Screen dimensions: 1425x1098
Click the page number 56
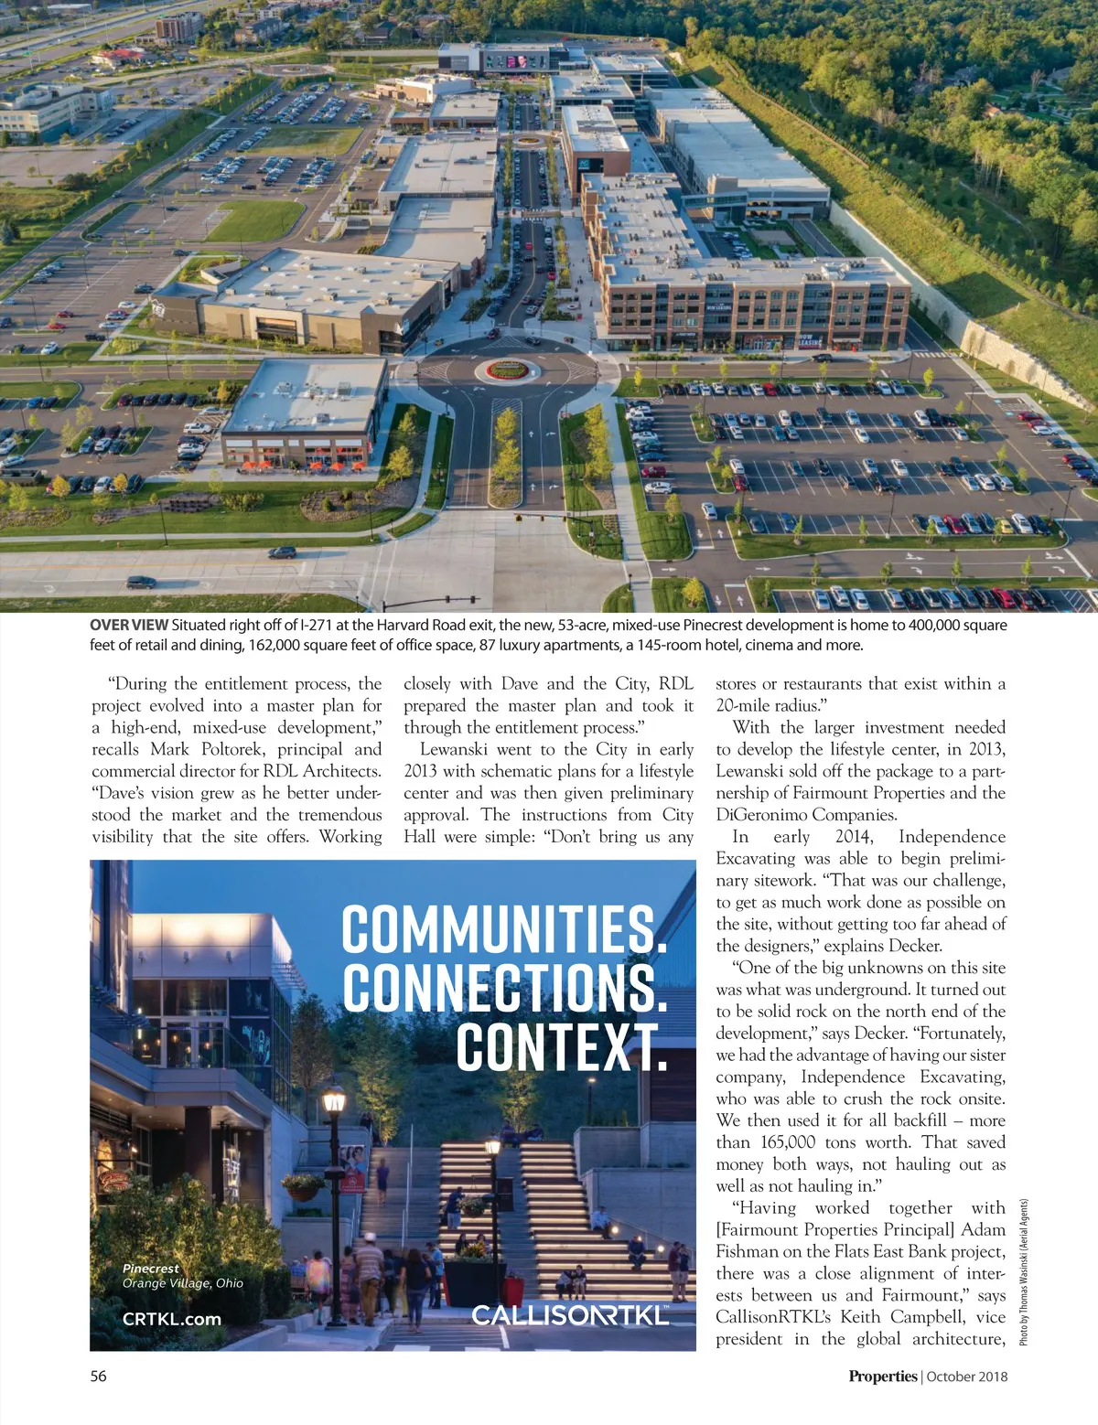[98, 1376]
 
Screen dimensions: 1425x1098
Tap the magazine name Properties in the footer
[882, 1376]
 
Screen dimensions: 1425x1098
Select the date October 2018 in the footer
[966, 1376]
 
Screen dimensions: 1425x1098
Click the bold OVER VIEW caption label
[129, 625]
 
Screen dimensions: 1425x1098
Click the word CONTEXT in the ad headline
[562, 1047]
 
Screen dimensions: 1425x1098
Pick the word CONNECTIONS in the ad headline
[504, 989]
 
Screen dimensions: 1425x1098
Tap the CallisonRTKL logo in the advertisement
[570, 1315]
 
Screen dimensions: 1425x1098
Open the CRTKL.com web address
[172, 1319]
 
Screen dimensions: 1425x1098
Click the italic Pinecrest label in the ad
[151, 1269]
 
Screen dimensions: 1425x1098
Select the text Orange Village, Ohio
[183, 1283]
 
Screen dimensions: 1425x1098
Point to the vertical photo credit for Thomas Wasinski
[1024, 1271]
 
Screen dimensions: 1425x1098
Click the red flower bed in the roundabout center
[509, 370]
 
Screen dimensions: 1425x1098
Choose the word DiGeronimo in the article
[760, 815]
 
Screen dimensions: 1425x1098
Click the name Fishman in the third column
[748, 1251]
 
